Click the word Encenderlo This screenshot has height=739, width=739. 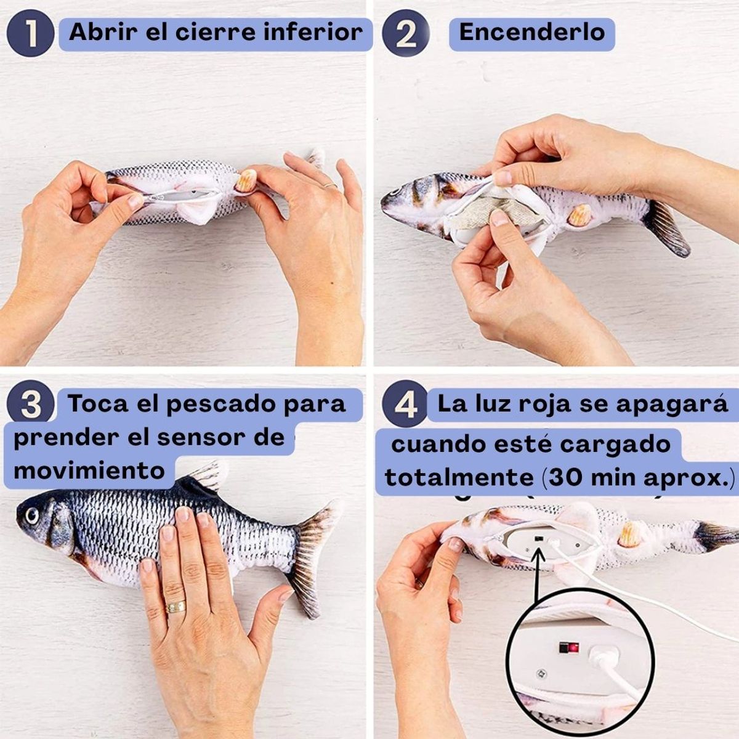[x=532, y=32]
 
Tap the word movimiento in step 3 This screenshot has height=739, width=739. [x=89, y=471]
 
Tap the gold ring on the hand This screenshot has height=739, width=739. [x=176, y=606]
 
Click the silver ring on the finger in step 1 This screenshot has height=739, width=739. [x=330, y=185]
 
